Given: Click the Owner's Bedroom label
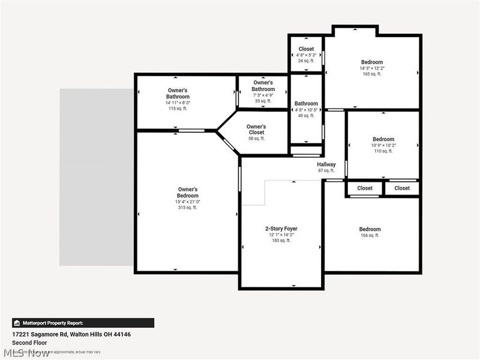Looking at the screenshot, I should (x=187, y=193).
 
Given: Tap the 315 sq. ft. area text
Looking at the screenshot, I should (x=187, y=208).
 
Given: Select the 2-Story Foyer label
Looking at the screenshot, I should (x=281, y=229).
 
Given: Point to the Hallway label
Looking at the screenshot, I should (x=326, y=164).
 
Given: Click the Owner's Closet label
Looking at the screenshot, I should (x=256, y=130).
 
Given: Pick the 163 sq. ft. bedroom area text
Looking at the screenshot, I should (x=371, y=74).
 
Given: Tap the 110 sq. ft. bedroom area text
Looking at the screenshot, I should (x=383, y=151).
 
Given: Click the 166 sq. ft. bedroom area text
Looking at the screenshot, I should (x=370, y=236).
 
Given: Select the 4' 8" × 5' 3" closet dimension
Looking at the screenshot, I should (x=306, y=55).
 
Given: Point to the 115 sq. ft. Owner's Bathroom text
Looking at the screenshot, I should (x=178, y=109).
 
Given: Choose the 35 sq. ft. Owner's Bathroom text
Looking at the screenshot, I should (x=263, y=101).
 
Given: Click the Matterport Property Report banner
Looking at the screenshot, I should (x=83, y=323).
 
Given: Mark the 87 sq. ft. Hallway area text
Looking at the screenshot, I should (x=326, y=171).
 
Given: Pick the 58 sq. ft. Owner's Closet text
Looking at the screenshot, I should (x=256, y=139).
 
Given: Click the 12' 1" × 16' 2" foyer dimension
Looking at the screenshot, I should (x=281, y=235).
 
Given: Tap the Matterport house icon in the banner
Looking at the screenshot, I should (x=17, y=323).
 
